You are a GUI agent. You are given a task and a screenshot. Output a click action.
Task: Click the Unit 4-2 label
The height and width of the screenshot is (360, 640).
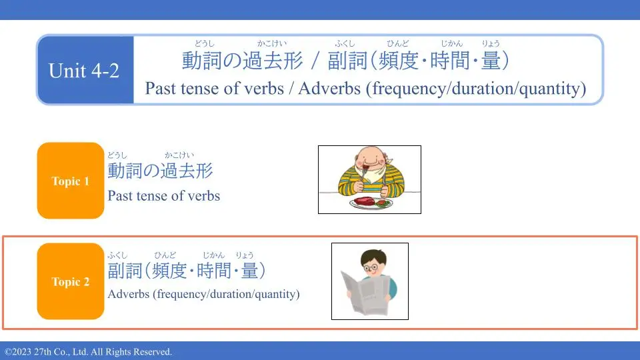84,70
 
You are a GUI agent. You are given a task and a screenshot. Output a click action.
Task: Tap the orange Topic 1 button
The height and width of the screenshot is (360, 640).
71,181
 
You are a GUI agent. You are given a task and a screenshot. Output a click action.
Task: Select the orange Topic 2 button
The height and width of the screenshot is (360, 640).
71,281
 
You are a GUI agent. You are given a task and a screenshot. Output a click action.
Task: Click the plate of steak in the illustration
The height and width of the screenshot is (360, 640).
371,203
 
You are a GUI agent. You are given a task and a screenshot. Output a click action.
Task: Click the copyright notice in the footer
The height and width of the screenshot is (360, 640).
89,352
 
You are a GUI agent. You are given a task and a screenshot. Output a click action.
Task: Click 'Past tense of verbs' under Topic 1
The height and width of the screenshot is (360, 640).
164,196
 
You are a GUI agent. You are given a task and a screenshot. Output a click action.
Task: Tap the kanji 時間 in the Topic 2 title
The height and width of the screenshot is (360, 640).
214,271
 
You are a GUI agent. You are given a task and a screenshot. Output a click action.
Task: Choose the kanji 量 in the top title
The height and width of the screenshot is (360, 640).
491,61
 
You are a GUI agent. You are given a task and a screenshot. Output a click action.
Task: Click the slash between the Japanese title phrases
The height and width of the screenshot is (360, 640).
315,61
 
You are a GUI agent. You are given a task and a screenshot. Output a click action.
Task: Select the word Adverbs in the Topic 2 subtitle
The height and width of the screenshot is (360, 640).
129,294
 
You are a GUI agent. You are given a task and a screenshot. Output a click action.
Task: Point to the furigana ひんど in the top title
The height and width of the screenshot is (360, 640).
398,43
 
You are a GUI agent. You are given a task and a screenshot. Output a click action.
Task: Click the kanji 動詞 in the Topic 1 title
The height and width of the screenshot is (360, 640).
125,171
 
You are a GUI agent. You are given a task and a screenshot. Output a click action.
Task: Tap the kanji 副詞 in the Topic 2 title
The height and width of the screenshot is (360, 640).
125,271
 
